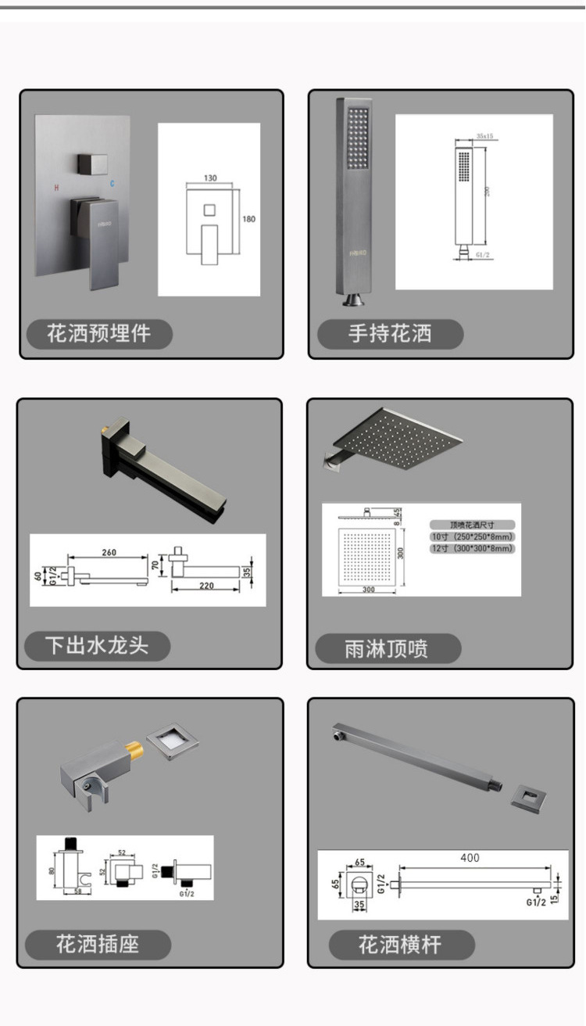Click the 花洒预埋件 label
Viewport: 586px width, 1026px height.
[x=99, y=335]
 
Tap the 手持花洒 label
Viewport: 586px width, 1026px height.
[x=389, y=335]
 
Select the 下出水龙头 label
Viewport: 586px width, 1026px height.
[x=97, y=646]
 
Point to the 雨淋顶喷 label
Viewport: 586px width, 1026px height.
[x=387, y=648]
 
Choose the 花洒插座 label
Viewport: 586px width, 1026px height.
[x=97, y=944]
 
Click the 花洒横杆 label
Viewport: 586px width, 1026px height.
[x=400, y=945]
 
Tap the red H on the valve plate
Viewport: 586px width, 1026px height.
[x=55, y=188]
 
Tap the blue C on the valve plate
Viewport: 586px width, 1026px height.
[x=112, y=185]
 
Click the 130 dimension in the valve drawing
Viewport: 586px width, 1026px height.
[x=210, y=178]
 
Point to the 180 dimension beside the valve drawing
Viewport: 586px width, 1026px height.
[x=248, y=220]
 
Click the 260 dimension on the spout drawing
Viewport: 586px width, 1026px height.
[x=109, y=552]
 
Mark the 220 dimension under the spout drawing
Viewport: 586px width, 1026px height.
[x=206, y=586]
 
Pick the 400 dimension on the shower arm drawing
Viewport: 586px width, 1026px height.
[x=470, y=858]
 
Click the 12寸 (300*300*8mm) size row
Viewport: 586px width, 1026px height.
[x=472, y=548]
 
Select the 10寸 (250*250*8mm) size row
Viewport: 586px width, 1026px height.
[x=472, y=536]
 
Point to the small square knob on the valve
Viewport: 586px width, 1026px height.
[x=91, y=163]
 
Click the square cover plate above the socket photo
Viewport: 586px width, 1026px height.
[x=173, y=739]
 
